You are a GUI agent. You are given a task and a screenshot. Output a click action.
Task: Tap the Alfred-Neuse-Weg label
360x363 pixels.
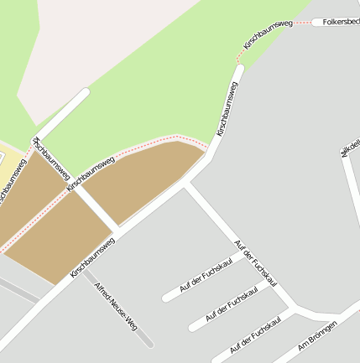click(116, 307)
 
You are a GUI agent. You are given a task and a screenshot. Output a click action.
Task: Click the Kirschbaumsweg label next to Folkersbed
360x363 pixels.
click(268, 34)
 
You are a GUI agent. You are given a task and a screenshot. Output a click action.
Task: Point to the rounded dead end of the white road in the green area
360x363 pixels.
click(83, 93)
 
